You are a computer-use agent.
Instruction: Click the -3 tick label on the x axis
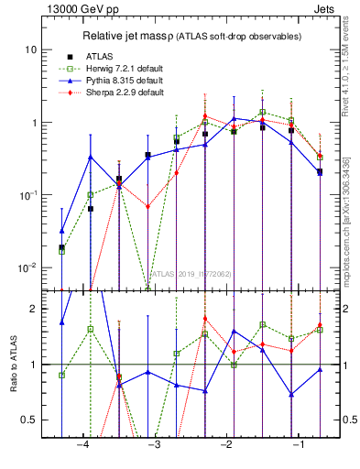pyautogui.click(x=155, y=444)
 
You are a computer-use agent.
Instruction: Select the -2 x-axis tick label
pyautogui.click(x=226, y=444)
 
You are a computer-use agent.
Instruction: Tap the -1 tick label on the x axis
pyautogui.click(x=299, y=444)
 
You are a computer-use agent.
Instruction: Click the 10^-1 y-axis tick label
pyautogui.click(x=28, y=194)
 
